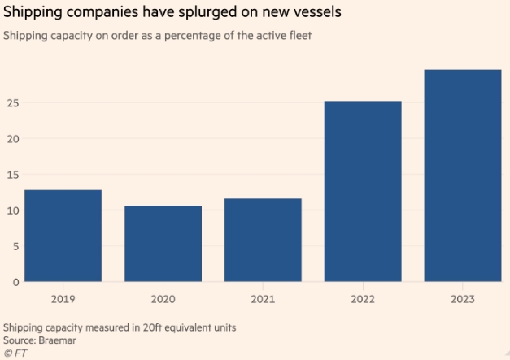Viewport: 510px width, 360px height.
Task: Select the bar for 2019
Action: pyautogui.click(x=63, y=236)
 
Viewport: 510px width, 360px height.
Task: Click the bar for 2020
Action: pyautogui.click(x=163, y=244)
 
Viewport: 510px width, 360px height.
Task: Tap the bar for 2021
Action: pyautogui.click(x=263, y=240)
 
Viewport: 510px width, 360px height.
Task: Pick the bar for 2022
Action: pyautogui.click(x=363, y=191)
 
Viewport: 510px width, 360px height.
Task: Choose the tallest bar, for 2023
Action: pyautogui.click(x=463, y=176)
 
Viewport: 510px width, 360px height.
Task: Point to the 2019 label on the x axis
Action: pyautogui.click(x=63, y=299)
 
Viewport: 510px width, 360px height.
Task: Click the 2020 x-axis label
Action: pyautogui.click(x=163, y=299)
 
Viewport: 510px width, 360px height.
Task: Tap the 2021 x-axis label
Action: pyautogui.click(x=263, y=299)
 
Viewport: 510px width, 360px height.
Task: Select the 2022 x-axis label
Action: pyautogui.click(x=363, y=299)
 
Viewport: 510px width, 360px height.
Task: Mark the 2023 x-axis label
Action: pyautogui.click(x=463, y=299)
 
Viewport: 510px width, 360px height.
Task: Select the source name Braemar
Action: pyautogui.click(x=58, y=340)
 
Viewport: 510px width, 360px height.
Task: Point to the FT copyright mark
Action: pyautogui.click(x=14, y=353)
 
